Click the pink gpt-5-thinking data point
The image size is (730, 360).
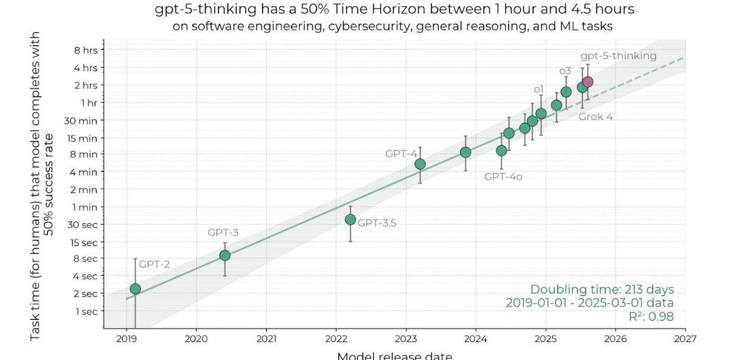pos(588,82)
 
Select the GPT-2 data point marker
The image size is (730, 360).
pos(135,289)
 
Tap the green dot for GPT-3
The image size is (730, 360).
pos(224,255)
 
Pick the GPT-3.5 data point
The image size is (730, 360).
pos(350,220)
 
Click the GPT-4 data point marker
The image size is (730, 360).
pos(420,164)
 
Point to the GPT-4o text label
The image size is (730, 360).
pos(503,177)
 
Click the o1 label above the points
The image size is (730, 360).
pos(538,89)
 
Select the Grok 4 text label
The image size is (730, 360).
pos(596,116)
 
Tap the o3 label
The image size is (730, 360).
pos(565,71)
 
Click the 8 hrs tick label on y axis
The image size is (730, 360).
pos(85,50)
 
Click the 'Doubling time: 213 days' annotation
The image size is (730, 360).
pos(602,289)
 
